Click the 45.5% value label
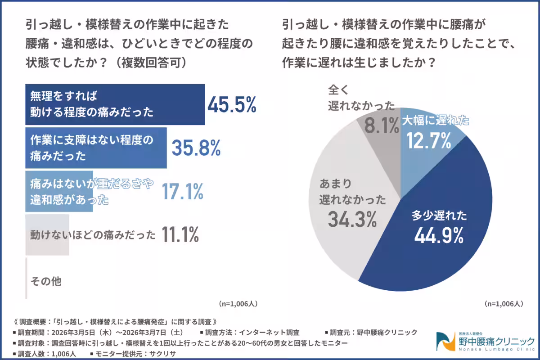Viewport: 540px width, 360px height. point(232,105)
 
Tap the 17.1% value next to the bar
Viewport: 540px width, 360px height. point(182,191)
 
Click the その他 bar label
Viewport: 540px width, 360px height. point(45,282)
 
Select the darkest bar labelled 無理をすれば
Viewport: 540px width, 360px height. point(115,104)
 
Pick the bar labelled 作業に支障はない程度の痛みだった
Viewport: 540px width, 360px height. point(96,148)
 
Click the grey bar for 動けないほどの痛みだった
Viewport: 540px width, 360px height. point(47,235)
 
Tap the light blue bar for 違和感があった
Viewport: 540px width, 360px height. point(58,191)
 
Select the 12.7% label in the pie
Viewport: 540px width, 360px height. point(429,140)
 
